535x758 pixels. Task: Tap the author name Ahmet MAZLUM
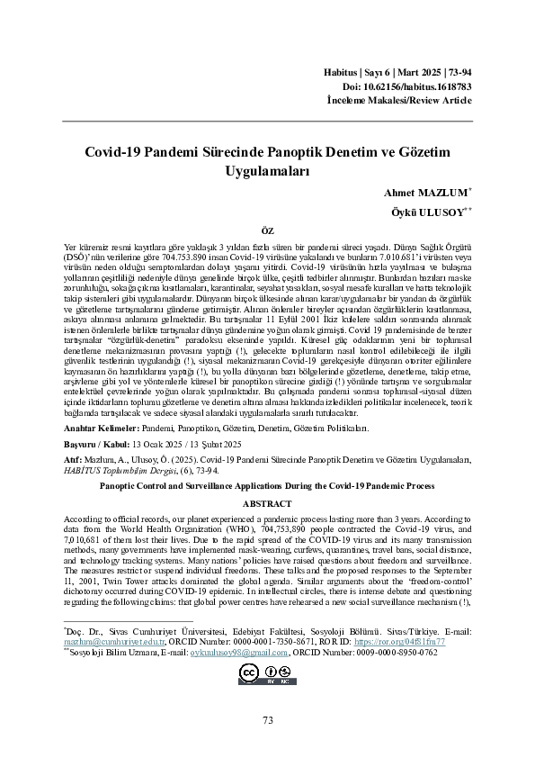click(x=420, y=193)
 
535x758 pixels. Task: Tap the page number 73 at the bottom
click(x=267, y=720)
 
